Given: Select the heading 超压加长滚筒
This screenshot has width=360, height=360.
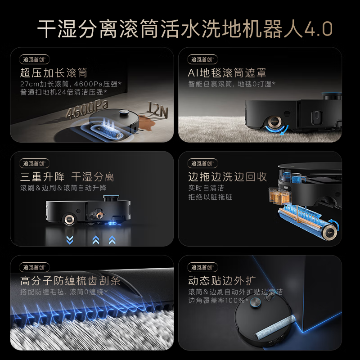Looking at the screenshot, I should tap(54, 73).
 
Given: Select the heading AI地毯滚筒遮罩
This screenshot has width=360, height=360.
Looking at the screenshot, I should tap(227, 73).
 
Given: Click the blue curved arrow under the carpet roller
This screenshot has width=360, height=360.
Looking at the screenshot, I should tap(275, 130).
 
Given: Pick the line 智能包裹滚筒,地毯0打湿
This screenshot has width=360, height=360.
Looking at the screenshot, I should tap(232, 84).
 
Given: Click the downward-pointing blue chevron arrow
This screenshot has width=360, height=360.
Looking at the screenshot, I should tap(69, 239).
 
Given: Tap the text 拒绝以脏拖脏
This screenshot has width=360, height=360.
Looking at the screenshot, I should tap(210, 197).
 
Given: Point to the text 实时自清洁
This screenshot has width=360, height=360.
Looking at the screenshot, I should tap(206, 188).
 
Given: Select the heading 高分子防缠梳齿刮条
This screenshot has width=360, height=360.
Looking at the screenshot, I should tap(70, 281).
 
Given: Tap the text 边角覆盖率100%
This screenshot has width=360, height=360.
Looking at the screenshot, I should tap(218, 301).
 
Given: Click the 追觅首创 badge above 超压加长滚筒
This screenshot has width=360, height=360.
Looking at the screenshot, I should tap(34, 59).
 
